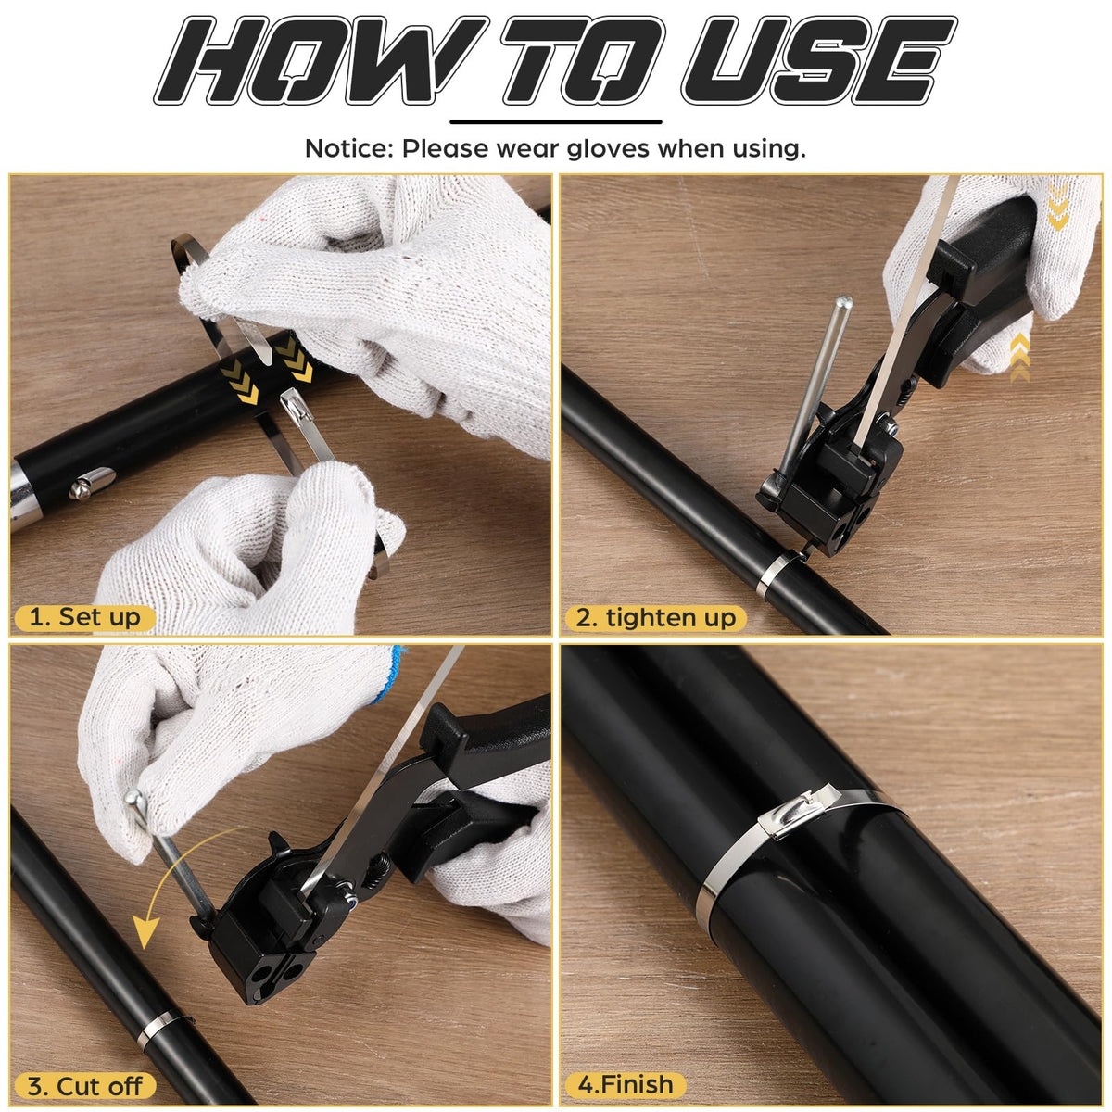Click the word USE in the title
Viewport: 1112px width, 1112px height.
[x=819, y=60]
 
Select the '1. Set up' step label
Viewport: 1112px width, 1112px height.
[x=85, y=617]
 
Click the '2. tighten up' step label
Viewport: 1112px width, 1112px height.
[x=655, y=617]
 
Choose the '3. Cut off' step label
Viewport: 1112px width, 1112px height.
[x=84, y=1086]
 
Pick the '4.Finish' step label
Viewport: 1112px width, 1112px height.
[x=625, y=1085]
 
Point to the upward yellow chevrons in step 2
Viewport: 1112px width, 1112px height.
[x=1020, y=357]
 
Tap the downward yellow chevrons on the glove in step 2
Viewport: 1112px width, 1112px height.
[x=1057, y=208]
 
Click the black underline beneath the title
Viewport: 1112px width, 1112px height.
[x=555, y=121]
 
